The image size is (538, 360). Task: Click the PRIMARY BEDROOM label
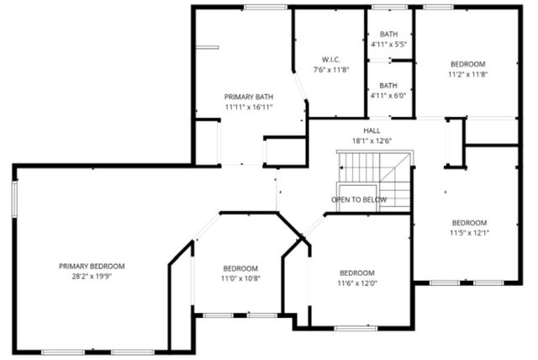[98, 266]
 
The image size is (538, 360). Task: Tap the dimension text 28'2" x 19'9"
[98, 276]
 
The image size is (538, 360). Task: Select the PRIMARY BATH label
[248, 97]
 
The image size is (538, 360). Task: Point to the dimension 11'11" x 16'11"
[248, 107]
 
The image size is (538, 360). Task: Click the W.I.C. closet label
[330, 59]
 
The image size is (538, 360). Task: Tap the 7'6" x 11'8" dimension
[330, 69]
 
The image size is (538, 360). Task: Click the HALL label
[372, 130]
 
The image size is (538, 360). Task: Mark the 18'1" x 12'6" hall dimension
[372, 140]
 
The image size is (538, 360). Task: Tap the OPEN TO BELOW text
[359, 199]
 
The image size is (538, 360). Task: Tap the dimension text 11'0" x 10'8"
[240, 278]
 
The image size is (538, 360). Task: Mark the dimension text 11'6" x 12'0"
[357, 283]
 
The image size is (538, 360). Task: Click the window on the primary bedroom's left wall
[14, 201]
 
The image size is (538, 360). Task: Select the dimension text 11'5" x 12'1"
[468, 233]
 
